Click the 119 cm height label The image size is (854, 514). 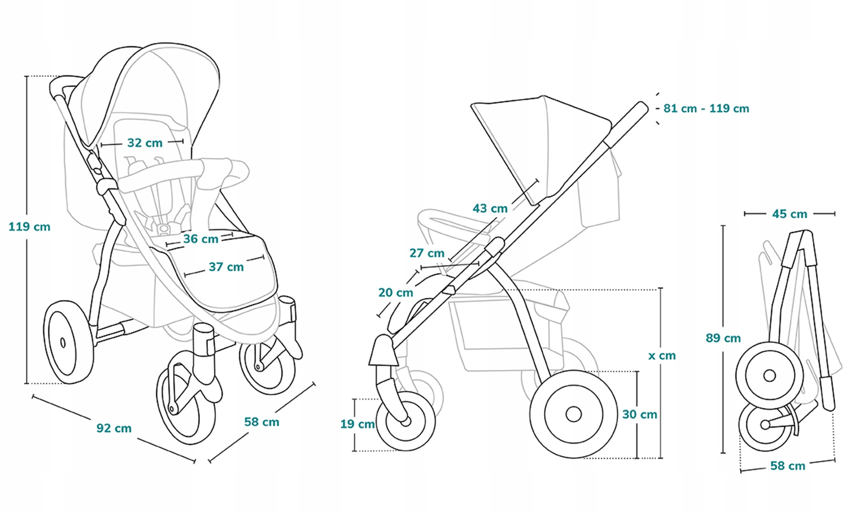click(29, 227)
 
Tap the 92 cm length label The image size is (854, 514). click(114, 428)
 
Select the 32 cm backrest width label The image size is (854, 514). click(145, 143)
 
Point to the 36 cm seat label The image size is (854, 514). click(201, 239)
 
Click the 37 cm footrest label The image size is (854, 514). click(226, 267)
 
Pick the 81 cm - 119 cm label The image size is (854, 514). click(706, 108)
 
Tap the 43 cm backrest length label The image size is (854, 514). click(490, 209)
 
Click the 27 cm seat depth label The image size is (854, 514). click(427, 253)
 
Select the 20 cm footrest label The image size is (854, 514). click(395, 293)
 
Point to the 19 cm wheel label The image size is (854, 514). click(357, 424)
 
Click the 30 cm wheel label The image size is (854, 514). click(639, 414)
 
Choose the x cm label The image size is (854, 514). click(662, 356)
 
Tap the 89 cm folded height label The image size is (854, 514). click(723, 338)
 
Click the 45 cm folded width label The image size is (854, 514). click(790, 214)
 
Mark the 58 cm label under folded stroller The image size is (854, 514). click(787, 466)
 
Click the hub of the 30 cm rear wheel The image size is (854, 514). click(573, 414)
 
